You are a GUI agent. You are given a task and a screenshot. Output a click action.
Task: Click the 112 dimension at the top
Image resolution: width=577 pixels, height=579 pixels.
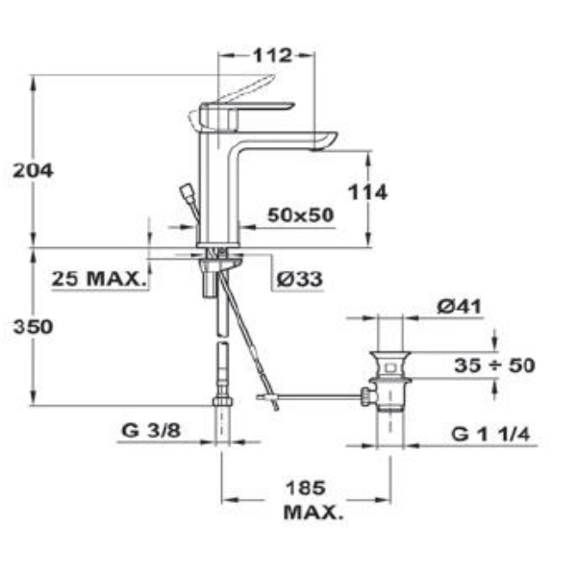coord(272,56)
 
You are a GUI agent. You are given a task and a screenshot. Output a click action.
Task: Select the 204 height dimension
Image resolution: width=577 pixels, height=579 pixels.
coord(34,170)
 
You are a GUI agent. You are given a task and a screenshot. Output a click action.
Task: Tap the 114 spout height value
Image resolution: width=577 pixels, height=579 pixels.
coord(367,192)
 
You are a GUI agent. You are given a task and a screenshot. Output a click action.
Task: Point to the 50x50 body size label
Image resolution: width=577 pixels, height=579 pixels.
coord(300,214)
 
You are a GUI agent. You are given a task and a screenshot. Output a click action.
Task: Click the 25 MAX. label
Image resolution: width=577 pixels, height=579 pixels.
coord(98,278)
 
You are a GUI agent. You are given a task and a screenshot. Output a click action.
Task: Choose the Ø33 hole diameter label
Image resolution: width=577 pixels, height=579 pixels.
coord(299,279)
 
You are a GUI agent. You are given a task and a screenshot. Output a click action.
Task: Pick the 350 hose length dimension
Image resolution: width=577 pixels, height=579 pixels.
coord(34,327)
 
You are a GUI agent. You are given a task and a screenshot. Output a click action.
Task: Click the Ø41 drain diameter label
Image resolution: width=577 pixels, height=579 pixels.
coord(459,306)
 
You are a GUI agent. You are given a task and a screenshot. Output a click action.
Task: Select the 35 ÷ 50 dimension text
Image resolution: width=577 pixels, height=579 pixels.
coord(494,365)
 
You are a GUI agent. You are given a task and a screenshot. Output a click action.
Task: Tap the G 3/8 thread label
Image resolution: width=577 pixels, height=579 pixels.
coord(151,430)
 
